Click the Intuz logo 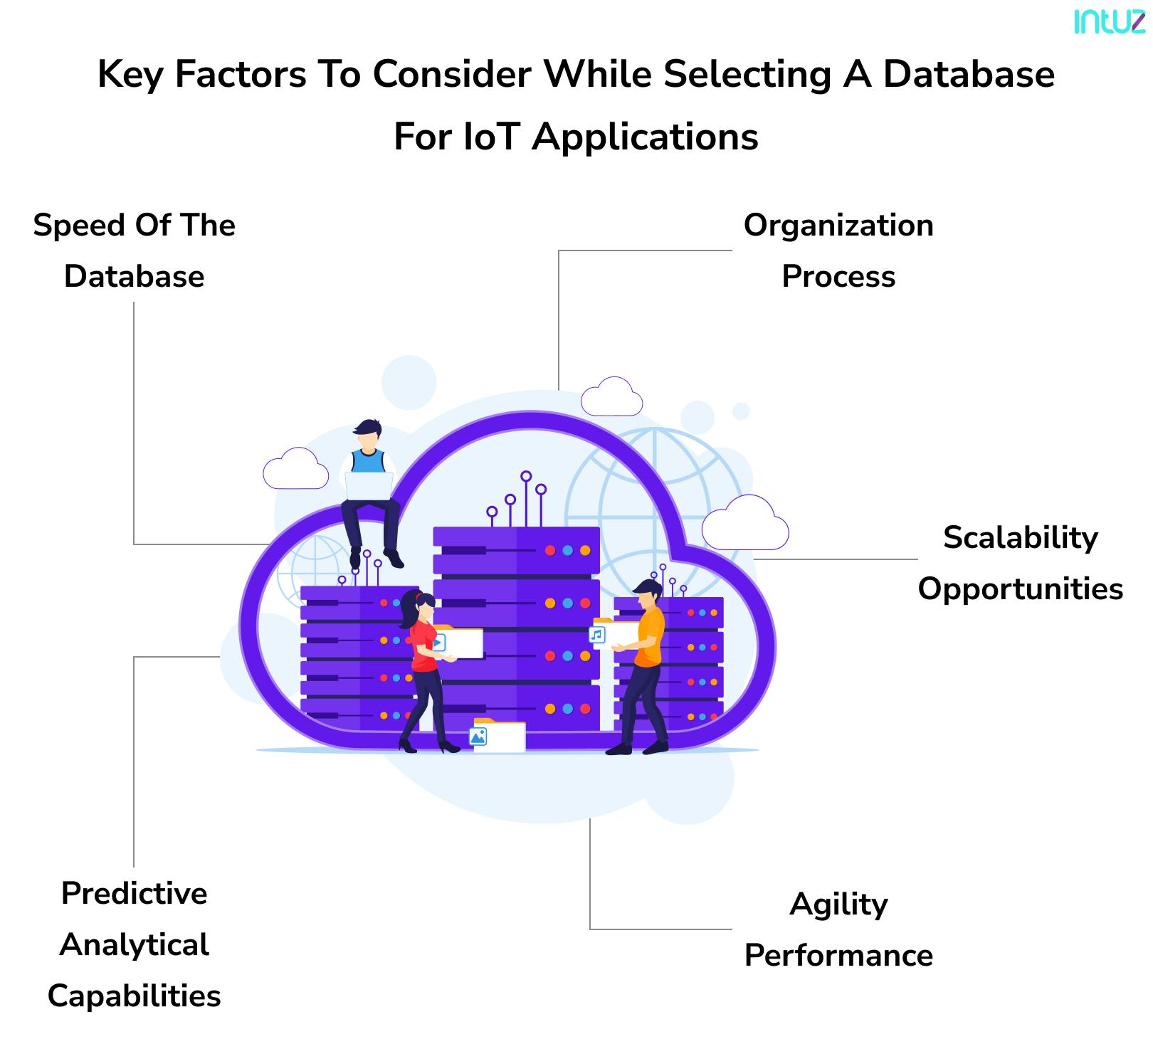tap(1108, 21)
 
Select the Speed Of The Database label tap(134, 250)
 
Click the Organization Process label tap(838, 250)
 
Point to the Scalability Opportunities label tap(1020, 563)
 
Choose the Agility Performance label tap(838, 929)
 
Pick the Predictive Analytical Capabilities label tap(134, 944)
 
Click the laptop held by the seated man tap(369, 485)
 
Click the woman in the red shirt tap(423, 644)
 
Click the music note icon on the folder tap(597, 634)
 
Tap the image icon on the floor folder tap(478, 737)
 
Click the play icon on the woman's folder tap(438, 643)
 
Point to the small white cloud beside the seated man tap(295, 470)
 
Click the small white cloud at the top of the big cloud tap(611, 399)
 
